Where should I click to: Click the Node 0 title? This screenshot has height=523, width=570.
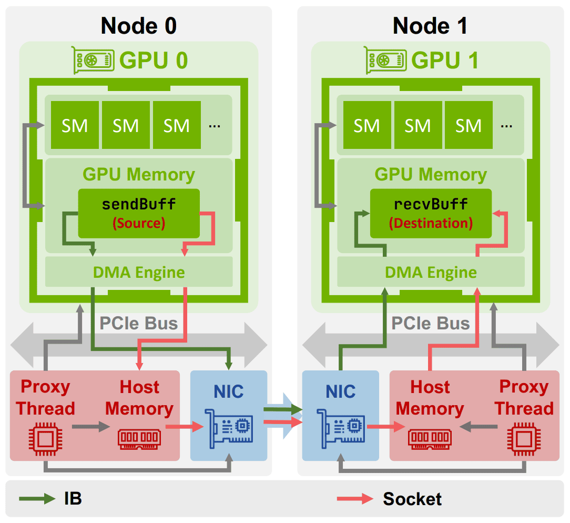point(138,26)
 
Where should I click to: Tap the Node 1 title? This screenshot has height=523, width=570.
point(430,26)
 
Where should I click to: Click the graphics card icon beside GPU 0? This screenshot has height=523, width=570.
point(93,60)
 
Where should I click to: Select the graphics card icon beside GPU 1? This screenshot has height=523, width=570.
point(385,60)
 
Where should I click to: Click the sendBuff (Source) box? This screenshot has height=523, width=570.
point(139,214)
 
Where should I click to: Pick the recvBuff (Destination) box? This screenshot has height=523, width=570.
point(431,214)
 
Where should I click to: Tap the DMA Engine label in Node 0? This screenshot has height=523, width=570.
point(139,273)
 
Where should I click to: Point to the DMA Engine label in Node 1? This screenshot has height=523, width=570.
point(431,273)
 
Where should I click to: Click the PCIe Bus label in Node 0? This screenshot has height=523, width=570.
point(138,324)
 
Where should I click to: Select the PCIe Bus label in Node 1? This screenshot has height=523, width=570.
point(431,324)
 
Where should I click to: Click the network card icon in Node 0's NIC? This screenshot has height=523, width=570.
point(229,428)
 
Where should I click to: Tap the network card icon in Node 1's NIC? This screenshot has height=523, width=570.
point(341,428)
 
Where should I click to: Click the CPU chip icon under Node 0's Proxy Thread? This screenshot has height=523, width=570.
point(45,439)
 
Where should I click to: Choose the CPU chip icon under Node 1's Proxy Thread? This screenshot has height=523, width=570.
point(524,439)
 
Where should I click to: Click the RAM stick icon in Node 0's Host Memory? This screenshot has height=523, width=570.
point(139,439)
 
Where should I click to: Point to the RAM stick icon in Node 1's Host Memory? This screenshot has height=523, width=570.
point(430,439)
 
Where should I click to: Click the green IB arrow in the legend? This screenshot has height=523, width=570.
point(37,499)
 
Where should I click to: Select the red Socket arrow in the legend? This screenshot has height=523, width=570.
point(355,499)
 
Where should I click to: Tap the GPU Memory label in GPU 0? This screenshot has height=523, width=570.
point(139,175)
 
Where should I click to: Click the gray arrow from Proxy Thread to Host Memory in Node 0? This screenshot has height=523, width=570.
point(91,426)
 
